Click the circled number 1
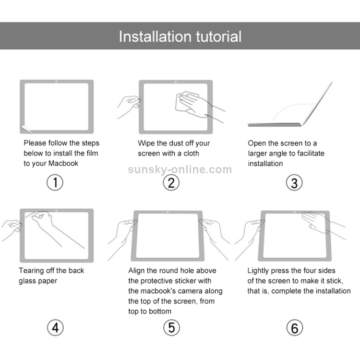tap(55, 182)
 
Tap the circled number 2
tap(171, 182)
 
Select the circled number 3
tap(294, 182)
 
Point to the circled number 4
tap(55, 328)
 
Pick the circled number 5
tap(171, 328)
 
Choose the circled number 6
tap(294, 328)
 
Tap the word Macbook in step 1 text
tap(63, 164)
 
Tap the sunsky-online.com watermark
tap(180, 169)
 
